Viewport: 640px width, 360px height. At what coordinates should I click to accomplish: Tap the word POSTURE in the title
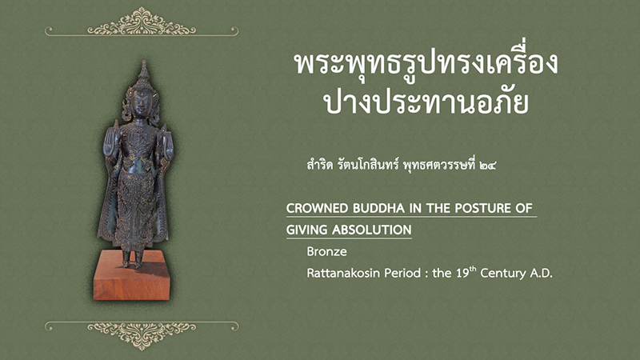pos(483,209)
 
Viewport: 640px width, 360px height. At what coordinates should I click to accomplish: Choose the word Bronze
pos(327,251)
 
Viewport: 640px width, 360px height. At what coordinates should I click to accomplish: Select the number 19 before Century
pos(462,273)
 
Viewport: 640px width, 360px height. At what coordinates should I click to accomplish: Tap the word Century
pos(503,273)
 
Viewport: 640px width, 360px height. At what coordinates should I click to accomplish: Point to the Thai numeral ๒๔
pos(488,166)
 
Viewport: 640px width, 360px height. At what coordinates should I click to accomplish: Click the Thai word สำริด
pos(319,166)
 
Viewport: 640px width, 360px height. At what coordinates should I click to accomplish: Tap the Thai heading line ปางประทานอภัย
pos(426,102)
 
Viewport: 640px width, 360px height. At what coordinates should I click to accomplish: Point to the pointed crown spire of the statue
pos(144,70)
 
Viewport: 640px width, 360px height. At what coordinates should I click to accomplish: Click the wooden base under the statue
pos(131,277)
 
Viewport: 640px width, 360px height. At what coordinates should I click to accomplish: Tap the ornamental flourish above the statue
pos(142,23)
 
